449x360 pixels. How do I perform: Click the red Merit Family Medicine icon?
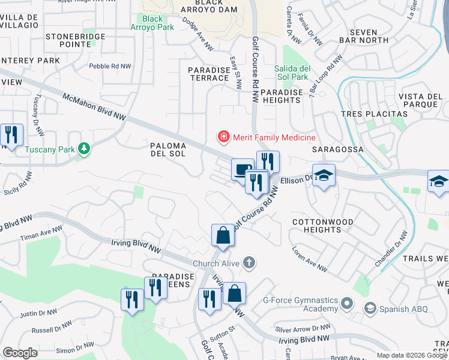[224, 137]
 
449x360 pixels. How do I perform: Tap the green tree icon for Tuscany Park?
[84, 148]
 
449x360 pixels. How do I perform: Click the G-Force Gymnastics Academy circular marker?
[346, 304]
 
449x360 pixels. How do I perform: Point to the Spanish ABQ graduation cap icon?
[370, 308]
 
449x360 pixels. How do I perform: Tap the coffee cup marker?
[242, 169]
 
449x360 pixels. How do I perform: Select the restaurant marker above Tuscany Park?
[11, 134]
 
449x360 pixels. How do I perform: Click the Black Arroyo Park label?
[153, 23]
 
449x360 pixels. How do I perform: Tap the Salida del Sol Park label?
[291, 73]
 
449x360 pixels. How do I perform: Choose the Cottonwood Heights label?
[322, 226]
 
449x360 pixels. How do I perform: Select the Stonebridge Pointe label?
[76, 40]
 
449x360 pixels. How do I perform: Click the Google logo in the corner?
[20, 353]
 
